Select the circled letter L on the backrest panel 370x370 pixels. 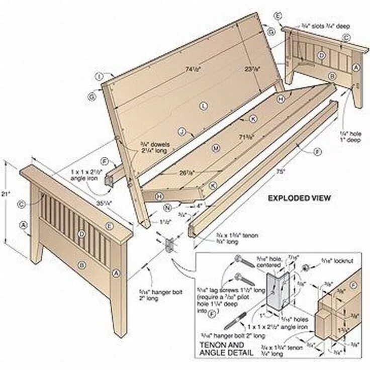click(x=203, y=106)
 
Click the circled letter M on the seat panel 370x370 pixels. click(x=216, y=148)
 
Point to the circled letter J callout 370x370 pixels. click(x=183, y=132)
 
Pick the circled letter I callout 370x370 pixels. click(x=100, y=76)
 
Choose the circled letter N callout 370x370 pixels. click(x=168, y=206)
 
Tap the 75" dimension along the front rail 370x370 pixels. click(x=280, y=171)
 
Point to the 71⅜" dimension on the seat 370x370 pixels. click(x=246, y=136)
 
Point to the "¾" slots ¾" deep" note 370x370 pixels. click(x=325, y=26)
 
